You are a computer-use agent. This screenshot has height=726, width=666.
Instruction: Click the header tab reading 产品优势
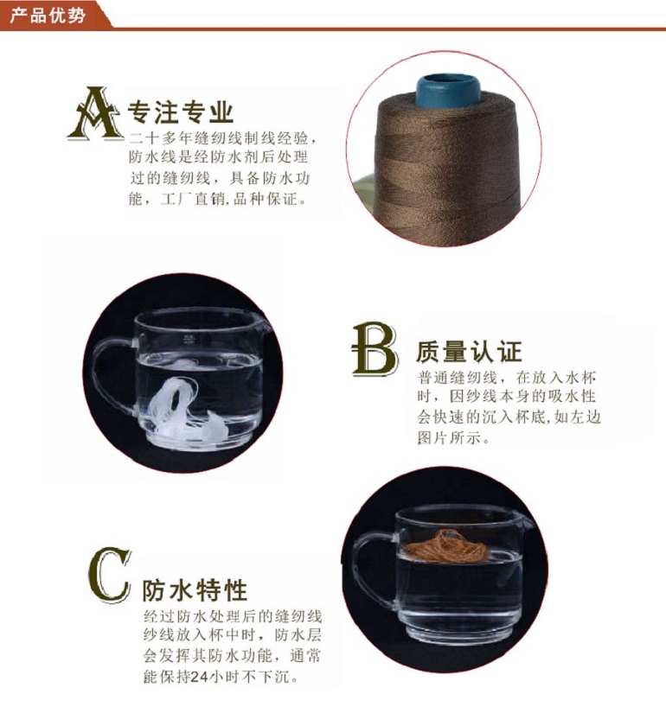[48, 16]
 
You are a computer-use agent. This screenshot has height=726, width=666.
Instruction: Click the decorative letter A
[96, 113]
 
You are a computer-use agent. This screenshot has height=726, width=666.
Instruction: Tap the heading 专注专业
[181, 111]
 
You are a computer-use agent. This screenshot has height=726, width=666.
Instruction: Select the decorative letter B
[375, 349]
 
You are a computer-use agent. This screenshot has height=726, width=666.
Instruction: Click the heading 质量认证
[469, 351]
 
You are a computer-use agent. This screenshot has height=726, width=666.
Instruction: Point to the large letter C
[109, 575]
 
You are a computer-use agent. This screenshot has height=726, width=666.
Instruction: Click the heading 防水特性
[195, 589]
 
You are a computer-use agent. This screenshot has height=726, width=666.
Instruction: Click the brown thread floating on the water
[445, 546]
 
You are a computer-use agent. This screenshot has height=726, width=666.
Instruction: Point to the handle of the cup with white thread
[112, 374]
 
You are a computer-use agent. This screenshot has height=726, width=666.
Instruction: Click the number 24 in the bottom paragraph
[199, 677]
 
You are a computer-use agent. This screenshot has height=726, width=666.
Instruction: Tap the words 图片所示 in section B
[449, 437]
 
